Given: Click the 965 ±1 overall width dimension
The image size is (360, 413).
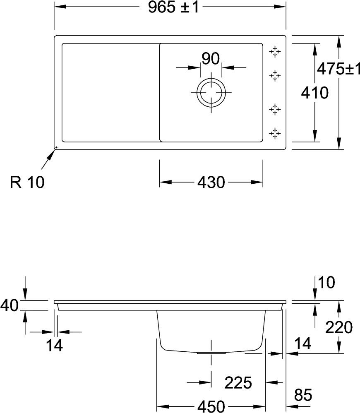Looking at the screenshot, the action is (x=173, y=7).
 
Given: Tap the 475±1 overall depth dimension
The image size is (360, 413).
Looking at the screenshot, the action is (x=338, y=69).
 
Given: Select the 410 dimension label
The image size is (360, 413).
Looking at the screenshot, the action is (x=315, y=93).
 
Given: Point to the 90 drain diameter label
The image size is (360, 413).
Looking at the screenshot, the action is (x=211, y=58).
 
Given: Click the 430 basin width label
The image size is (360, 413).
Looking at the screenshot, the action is (x=211, y=182).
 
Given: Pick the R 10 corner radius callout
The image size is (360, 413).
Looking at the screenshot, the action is (x=27, y=182).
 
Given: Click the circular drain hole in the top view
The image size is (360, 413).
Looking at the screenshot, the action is (x=211, y=93).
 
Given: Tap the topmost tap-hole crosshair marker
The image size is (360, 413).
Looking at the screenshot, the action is (x=275, y=52).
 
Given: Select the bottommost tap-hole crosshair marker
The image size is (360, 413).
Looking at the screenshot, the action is (x=275, y=134).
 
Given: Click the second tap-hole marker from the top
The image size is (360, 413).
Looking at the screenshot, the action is (x=275, y=76).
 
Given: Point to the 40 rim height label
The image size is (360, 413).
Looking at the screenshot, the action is (x=10, y=305).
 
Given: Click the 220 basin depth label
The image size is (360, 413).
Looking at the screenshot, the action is (x=339, y=327).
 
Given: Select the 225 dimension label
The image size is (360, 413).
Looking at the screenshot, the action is (x=238, y=383).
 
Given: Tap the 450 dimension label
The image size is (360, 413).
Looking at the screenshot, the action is (x=211, y=406).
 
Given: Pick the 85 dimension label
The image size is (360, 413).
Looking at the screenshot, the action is (x=303, y=395).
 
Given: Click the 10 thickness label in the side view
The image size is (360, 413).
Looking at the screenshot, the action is (x=326, y=282).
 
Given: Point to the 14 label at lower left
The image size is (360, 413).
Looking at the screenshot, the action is (x=55, y=345).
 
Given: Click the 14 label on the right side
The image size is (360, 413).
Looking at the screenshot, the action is (x=303, y=343).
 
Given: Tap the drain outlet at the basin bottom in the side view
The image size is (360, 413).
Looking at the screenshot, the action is (x=211, y=353).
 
